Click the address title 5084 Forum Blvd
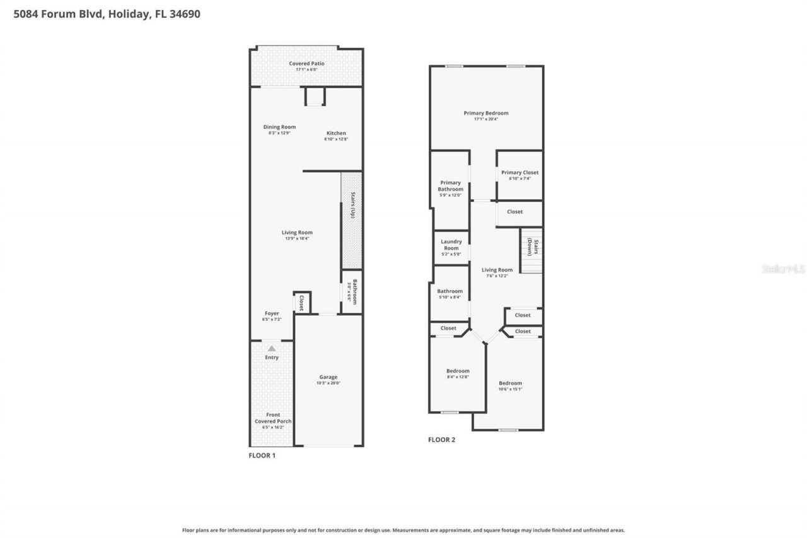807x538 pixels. point(107,14)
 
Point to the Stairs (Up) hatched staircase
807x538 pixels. point(351,214)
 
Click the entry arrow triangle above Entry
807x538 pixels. point(271,348)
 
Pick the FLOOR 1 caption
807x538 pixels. point(262,455)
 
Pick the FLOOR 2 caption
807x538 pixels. point(441,440)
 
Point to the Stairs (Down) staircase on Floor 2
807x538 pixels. point(531,250)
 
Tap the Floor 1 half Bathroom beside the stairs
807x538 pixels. point(352,292)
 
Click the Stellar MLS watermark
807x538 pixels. point(783,269)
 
